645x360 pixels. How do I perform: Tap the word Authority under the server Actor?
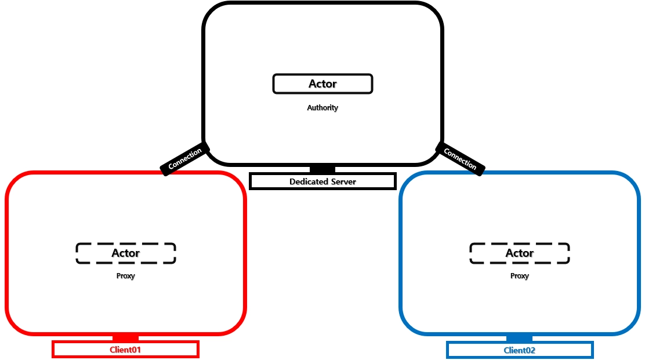[x=322, y=108]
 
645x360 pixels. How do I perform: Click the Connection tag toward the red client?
[x=185, y=158]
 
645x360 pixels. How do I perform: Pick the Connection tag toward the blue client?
[x=460, y=158]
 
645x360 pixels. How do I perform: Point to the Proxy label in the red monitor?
[x=125, y=276]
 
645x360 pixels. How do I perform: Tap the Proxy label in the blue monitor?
[x=519, y=276]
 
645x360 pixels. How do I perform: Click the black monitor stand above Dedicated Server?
[x=322, y=169]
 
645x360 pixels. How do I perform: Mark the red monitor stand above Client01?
[x=125, y=337]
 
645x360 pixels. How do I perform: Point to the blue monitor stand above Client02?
[x=519, y=338]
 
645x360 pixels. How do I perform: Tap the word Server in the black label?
[x=343, y=182]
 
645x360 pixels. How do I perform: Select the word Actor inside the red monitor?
[x=125, y=253]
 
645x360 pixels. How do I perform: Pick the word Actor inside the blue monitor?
[x=519, y=253]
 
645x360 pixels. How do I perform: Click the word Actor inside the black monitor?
[x=322, y=84]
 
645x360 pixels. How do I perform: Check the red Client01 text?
[x=125, y=350]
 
